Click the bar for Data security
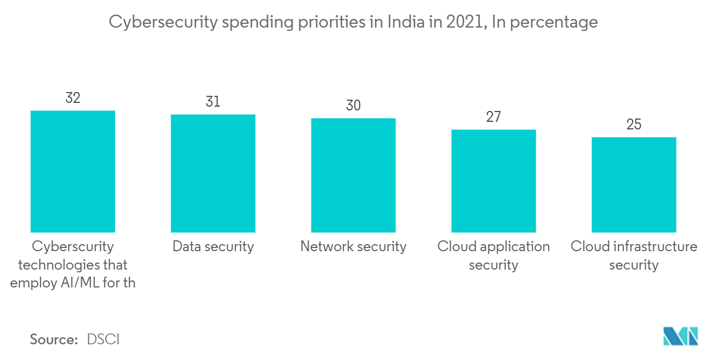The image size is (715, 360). [213, 173]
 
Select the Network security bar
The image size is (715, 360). [353, 175]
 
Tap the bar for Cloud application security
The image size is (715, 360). [493, 181]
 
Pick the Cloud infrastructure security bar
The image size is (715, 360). [634, 185]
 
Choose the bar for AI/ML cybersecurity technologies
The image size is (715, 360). [73, 172]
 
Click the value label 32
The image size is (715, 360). [73, 98]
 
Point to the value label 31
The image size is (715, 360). [213, 102]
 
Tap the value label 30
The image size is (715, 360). [353, 106]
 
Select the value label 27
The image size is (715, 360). [493, 117]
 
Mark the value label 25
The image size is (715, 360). [634, 125]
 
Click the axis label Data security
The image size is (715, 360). [213, 247]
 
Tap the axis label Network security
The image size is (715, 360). [353, 247]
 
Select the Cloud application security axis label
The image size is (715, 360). [493, 256]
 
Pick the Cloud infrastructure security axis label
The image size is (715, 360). [634, 256]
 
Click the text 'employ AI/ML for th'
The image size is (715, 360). [73, 283]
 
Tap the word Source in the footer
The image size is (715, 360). [54, 339]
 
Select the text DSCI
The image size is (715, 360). [103, 339]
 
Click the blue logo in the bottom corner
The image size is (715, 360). [681, 336]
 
